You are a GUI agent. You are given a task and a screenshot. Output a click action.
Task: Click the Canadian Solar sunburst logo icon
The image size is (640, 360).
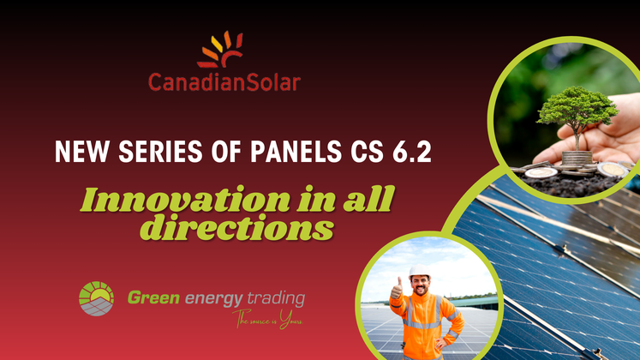[221, 50]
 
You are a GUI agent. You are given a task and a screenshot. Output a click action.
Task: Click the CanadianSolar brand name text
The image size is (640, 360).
[224, 82]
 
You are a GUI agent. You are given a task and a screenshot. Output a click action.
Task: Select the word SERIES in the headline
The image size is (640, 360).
[160, 152]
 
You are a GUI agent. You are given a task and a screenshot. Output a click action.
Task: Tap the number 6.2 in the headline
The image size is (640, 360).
[411, 152]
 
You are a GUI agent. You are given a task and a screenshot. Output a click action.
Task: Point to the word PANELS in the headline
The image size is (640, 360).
[296, 152]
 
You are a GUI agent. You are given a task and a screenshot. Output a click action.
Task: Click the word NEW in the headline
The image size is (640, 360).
[82, 152]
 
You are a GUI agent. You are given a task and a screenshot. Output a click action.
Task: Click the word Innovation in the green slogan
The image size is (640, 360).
[185, 199]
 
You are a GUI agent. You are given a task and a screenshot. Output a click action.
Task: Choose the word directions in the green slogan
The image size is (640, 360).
[237, 227]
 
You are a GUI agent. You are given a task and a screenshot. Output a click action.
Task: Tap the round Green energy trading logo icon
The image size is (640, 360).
[96, 298]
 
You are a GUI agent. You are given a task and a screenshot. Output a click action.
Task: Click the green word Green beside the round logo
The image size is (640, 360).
[153, 297]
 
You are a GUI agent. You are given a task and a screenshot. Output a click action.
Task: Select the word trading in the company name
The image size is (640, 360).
[276, 299]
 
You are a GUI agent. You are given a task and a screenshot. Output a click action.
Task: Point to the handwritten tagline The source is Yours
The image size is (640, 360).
[268, 319]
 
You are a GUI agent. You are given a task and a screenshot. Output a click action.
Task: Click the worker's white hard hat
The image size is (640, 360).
[420, 272]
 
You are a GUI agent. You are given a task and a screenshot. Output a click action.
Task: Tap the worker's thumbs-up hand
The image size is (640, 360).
[397, 289]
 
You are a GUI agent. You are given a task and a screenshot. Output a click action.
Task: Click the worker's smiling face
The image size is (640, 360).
[420, 285]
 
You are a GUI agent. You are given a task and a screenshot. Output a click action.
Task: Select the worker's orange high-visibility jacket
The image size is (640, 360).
[425, 326]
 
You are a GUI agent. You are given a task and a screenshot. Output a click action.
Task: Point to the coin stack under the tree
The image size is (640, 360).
[577, 158]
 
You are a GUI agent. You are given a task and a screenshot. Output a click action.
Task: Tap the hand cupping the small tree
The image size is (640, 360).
[600, 135]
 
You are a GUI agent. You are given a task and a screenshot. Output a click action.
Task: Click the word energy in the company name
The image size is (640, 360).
[214, 300]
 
